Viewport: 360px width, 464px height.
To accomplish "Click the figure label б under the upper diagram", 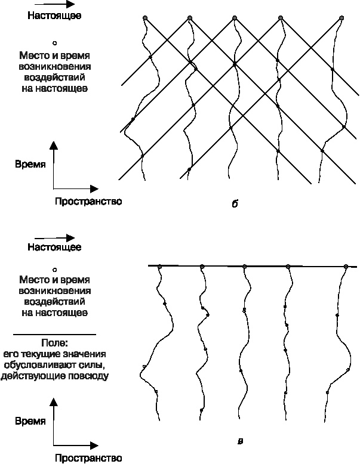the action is pos(235,203).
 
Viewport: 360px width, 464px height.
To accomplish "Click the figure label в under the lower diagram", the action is pos(240,441).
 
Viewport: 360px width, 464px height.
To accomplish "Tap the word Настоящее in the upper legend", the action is pos(54,16).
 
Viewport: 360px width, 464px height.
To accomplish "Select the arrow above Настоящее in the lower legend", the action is pos(54,237).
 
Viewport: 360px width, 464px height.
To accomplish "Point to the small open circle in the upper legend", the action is pos(54,43).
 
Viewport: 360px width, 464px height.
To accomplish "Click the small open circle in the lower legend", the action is pos(54,270).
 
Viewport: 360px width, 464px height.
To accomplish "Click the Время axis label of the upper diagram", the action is pos(30,164).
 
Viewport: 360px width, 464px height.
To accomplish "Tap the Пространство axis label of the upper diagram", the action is pos(88,202).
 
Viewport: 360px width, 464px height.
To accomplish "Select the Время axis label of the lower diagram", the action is pos(30,421).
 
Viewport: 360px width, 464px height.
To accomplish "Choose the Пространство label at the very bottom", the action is pos(88,458).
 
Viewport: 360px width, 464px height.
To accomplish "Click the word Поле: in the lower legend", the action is pos(55,343).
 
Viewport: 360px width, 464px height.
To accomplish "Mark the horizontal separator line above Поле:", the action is pos(54,335).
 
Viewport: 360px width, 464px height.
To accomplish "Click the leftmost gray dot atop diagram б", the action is pos(145,18).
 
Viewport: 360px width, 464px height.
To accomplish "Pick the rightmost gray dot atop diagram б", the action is pos(341,18).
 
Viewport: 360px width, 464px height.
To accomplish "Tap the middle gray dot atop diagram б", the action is pos(235,18).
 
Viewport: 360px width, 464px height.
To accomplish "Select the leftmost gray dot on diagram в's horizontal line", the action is pos(160,267).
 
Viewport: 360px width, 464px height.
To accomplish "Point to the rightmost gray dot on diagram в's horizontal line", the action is pos(346,267).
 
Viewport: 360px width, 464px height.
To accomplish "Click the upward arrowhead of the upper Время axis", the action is pos(54,145).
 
